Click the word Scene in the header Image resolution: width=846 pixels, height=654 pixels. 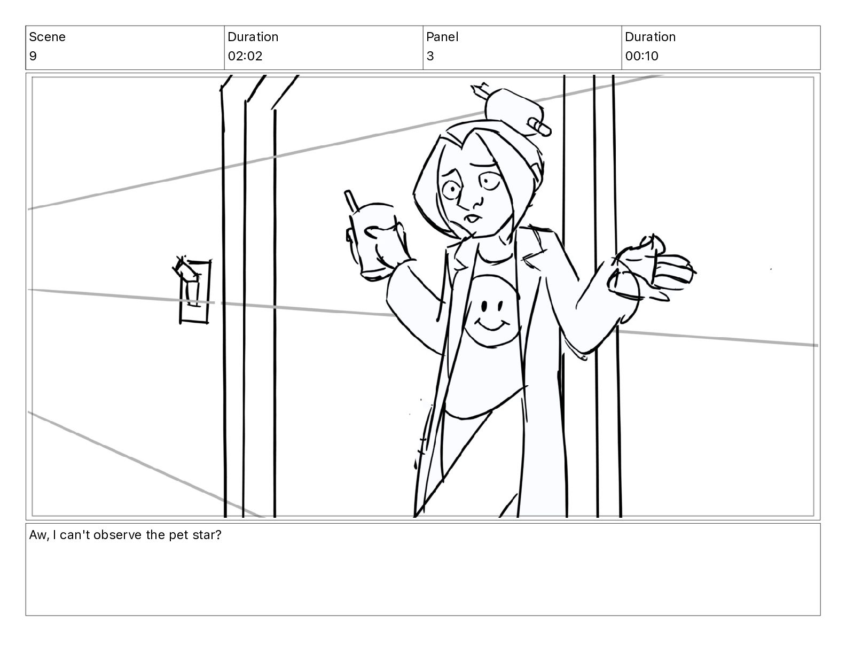[47, 37]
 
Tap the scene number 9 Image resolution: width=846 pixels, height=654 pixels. [33, 56]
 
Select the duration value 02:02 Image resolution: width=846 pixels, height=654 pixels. [245, 56]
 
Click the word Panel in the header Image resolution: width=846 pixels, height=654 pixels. [442, 37]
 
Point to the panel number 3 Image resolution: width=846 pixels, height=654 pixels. [430, 56]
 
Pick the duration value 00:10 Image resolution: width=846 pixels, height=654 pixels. [642, 56]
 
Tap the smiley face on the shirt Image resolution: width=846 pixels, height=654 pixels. [491, 311]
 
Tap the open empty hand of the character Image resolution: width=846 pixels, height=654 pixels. [652, 272]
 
